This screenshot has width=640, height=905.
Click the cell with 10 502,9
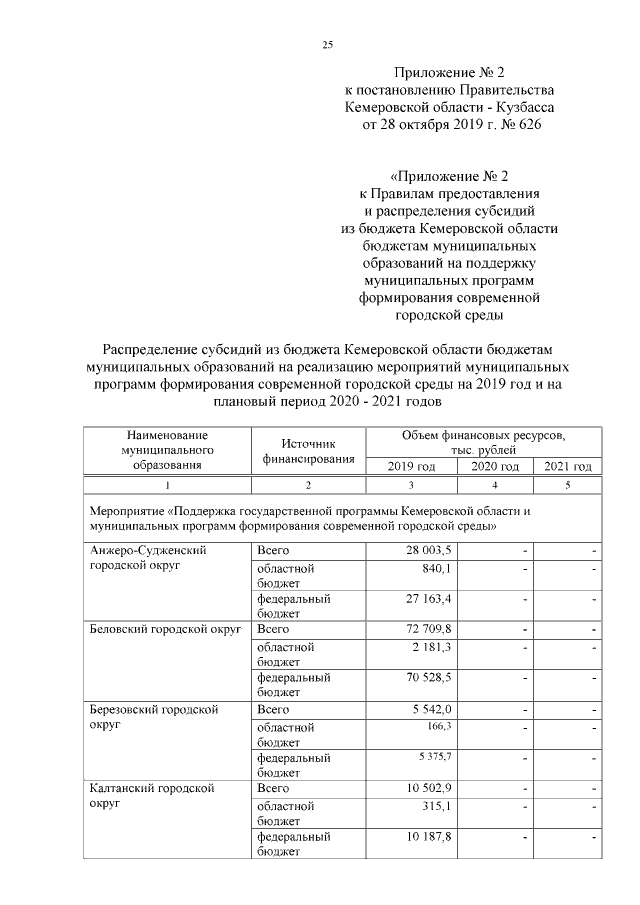428,788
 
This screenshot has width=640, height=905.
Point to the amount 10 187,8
428,835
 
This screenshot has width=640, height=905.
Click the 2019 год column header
413,467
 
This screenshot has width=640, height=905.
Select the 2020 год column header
496,467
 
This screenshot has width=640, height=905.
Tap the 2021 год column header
567,467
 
